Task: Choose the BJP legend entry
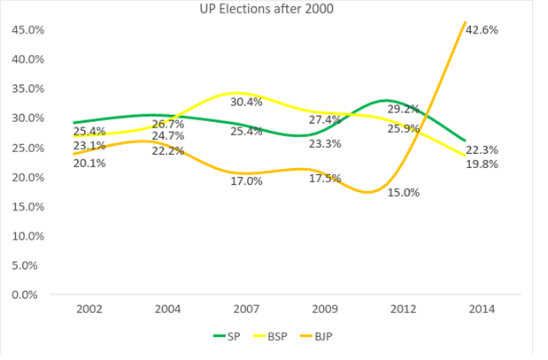(x=327, y=335)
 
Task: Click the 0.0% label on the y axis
(x=27, y=295)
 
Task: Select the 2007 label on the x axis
(x=248, y=310)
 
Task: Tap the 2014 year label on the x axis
(x=483, y=310)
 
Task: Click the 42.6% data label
(x=482, y=30)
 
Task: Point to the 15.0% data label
(x=403, y=192)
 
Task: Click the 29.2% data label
(x=403, y=109)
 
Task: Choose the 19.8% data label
(x=482, y=164)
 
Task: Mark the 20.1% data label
(x=89, y=164)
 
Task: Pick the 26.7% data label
(x=168, y=123)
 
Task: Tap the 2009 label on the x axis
(x=326, y=310)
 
